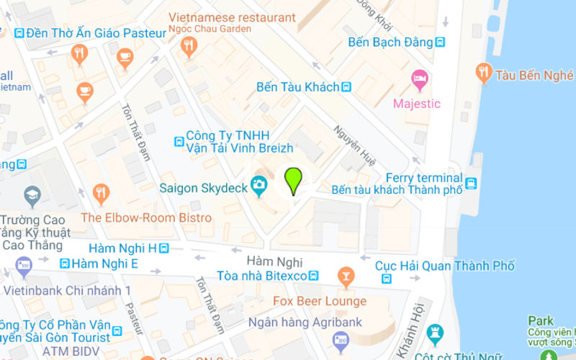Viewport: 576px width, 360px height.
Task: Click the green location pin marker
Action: [293, 180]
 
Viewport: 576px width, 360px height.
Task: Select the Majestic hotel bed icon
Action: [418, 78]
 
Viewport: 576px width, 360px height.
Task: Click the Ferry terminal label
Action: [423, 178]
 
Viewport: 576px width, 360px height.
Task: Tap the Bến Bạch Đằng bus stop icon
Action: [440, 42]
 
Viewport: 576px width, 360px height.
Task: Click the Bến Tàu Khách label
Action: [297, 87]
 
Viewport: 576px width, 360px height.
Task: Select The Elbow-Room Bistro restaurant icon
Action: [100, 192]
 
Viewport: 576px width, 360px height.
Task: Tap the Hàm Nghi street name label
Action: [274, 261]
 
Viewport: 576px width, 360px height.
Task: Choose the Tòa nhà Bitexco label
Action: [262, 276]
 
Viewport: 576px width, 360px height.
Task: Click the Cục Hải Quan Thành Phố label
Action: [445, 266]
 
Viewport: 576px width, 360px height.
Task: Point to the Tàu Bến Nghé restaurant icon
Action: [484, 72]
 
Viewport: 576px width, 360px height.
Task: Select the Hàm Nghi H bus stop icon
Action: [165, 248]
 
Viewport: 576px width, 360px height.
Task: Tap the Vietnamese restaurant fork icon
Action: [189, 47]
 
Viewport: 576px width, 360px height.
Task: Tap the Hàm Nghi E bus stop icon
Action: [65, 264]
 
